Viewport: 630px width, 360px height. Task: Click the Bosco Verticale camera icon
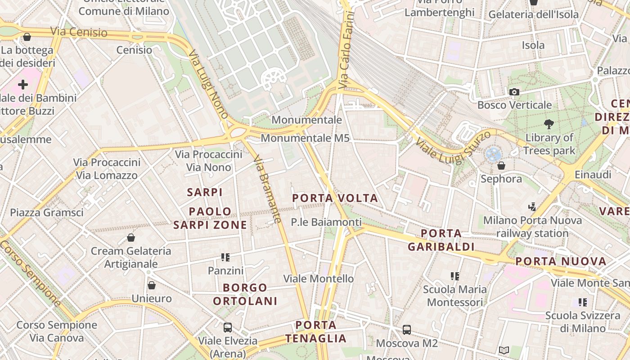pyautogui.click(x=514, y=92)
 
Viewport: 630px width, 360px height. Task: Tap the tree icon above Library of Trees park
pyautogui.click(x=549, y=124)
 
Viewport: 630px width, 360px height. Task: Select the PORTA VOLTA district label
pyautogui.click(x=335, y=198)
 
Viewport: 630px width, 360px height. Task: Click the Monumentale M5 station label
pyautogui.click(x=305, y=138)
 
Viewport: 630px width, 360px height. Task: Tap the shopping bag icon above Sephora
pyautogui.click(x=501, y=166)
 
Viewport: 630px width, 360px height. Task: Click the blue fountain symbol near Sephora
pyautogui.click(x=493, y=155)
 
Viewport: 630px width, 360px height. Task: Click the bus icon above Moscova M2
pyautogui.click(x=407, y=330)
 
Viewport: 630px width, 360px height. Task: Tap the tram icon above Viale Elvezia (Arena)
pyautogui.click(x=228, y=327)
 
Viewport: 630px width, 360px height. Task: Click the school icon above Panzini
pyautogui.click(x=225, y=257)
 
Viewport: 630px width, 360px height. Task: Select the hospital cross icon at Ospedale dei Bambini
pyautogui.click(x=23, y=85)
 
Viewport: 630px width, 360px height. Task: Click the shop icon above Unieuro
pyautogui.click(x=152, y=285)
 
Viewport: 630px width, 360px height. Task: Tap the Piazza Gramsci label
pyautogui.click(x=47, y=212)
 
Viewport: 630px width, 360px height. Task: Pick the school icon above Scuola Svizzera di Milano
pyautogui.click(x=583, y=302)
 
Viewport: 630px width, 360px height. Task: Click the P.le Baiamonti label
pyautogui.click(x=326, y=222)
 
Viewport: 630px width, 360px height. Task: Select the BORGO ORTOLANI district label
pyautogui.click(x=245, y=294)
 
